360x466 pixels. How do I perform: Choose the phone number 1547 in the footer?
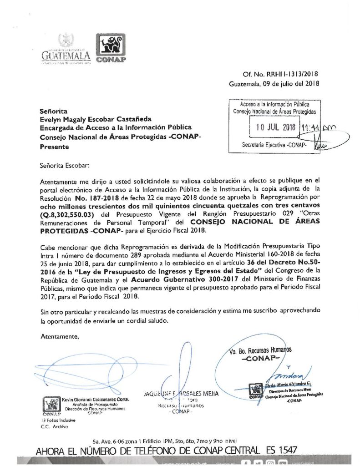coord(286,450)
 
